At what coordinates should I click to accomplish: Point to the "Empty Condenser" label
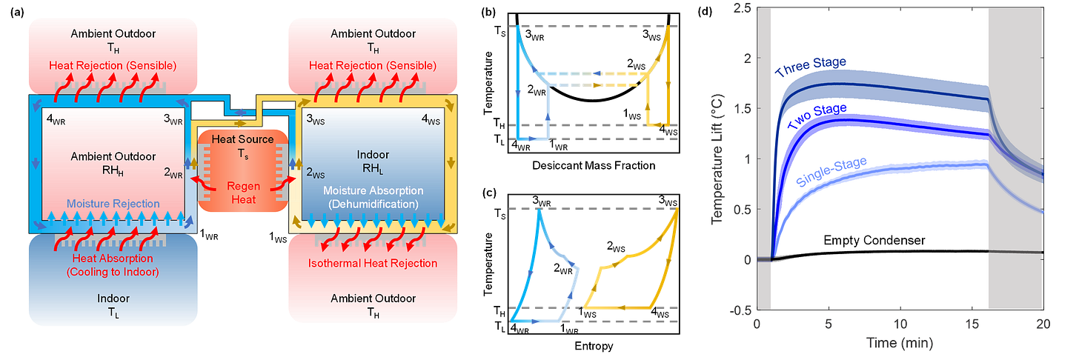click(x=874, y=240)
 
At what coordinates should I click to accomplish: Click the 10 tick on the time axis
click(x=900, y=324)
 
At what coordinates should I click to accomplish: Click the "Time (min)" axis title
click(x=900, y=343)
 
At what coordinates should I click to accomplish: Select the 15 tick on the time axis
click(x=972, y=324)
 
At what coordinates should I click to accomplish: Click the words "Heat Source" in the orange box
click(x=242, y=139)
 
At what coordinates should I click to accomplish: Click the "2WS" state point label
click(x=316, y=172)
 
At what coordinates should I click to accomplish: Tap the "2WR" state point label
click(x=173, y=171)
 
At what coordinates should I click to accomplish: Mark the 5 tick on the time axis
click(x=828, y=324)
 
